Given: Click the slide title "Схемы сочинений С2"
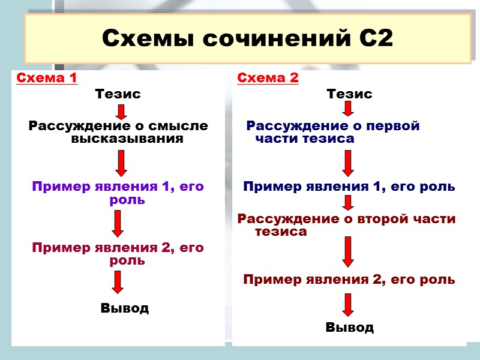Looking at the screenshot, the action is click(x=247, y=39).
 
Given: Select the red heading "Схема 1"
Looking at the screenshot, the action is click(x=47, y=78).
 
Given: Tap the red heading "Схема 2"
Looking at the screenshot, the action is click(x=268, y=78).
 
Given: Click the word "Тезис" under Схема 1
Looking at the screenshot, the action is click(x=118, y=94).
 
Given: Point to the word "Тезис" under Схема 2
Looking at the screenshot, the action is click(x=349, y=94).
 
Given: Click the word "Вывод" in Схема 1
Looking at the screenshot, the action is click(x=125, y=308).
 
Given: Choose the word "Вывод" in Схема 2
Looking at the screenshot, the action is click(x=349, y=328).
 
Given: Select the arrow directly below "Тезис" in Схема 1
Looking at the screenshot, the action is click(x=121, y=112).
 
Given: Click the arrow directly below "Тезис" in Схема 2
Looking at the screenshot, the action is click(x=349, y=109).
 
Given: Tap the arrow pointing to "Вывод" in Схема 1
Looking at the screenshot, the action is click(x=118, y=282).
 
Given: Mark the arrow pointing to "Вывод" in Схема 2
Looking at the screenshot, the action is click(x=349, y=305).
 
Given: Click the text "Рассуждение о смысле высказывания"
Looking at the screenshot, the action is click(x=119, y=133).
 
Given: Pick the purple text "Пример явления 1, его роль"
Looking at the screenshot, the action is click(x=118, y=193).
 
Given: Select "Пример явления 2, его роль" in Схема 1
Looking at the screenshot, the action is click(x=118, y=254).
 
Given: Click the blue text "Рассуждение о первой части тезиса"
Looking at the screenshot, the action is click(x=332, y=133).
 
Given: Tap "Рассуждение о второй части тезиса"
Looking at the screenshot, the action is click(x=347, y=225).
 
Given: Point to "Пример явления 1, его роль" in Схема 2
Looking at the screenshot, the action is click(x=349, y=187).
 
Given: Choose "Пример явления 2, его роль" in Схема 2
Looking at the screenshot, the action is click(x=349, y=280).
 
